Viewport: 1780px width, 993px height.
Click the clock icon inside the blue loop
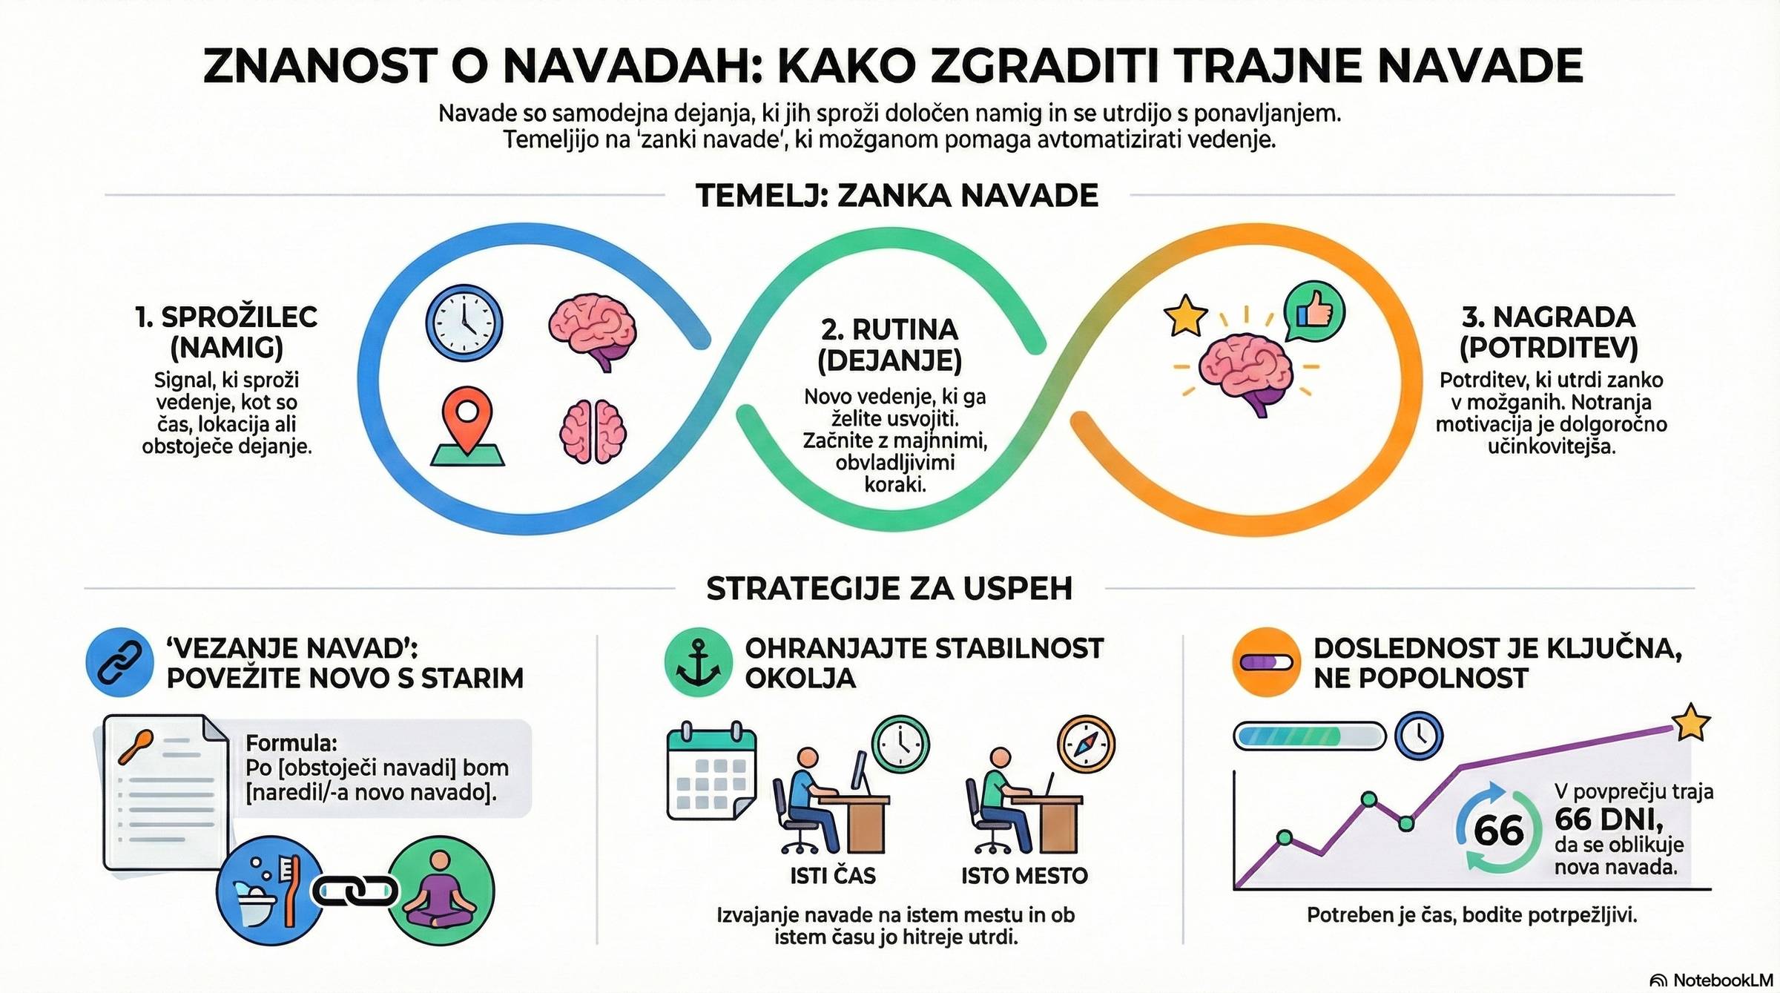[x=464, y=323]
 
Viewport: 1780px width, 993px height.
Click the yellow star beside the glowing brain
[x=1185, y=315]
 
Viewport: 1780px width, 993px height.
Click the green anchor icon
[x=698, y=662]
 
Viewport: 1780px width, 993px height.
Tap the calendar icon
[x=711, y=771]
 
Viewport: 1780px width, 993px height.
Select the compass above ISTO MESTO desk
[x=1087, y=745]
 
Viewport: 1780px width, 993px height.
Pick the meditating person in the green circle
[x=441, y=891]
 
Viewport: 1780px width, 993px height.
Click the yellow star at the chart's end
[x=1691, y=722]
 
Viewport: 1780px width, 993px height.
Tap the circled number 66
[x=1498, y=830]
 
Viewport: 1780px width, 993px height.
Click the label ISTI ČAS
[x=833, y=876]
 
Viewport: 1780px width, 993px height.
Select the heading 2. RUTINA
[x=889, y=329]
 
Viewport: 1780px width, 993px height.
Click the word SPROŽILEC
[x=239, y=317]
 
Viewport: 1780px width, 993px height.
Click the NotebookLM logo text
[x=1721, y=980]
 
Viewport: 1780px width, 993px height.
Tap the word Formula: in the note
[x=291, y=742]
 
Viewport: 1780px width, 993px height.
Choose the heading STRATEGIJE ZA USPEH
[x=889, y=588]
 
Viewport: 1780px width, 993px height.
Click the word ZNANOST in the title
[x=320, y=65]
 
